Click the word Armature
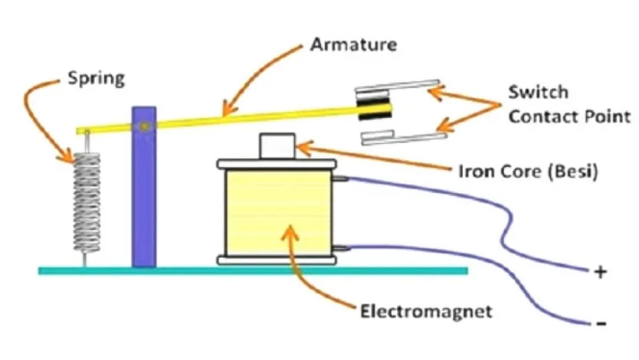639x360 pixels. click(353, 44)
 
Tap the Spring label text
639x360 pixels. click(97, 78)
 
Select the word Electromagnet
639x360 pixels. click(426, 312)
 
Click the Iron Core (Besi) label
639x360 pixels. click(529, 171)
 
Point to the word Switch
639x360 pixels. click(538, 92)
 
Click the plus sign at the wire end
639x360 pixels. click(600, 272)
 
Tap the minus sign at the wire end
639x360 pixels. click(601, 324)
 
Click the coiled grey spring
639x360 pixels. click(87, 202)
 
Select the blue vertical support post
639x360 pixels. click(144, 187)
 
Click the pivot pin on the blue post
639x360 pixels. click(144, 126)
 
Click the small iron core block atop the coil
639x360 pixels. click(277, 146)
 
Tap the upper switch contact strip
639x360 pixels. click(398, 85)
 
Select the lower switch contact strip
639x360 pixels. click(404, 138)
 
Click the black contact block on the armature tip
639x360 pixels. click(374, 105)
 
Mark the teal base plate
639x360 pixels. click(253, 271)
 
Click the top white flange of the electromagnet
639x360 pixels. click(277, 164)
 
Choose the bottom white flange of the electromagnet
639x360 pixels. click(277, 260)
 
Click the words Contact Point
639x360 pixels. click(569, 117)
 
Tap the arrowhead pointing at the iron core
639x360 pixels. click(303, 147)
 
